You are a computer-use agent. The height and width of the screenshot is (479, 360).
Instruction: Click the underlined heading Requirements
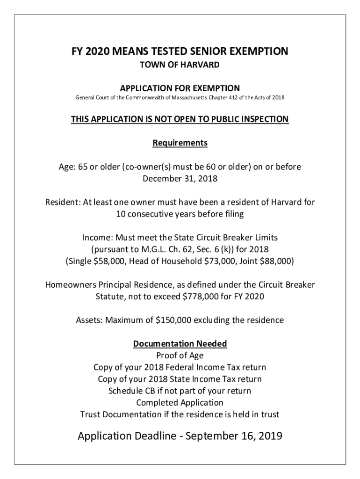[x=180, y=143]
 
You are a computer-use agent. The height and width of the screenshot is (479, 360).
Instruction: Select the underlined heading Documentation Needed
[x=180, y=344]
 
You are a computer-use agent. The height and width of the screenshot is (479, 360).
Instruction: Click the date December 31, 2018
[x=180, y=178]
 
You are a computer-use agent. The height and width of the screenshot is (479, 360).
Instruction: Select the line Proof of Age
[x=180, y=356]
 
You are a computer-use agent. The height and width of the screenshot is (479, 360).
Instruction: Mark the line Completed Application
[x=180, y=402]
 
